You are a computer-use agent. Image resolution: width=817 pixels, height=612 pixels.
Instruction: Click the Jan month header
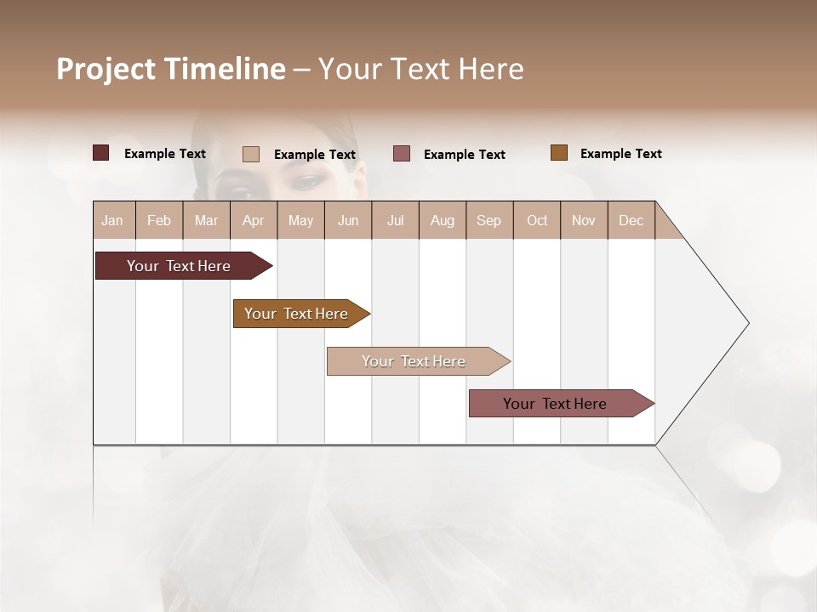click(x=112, y=220)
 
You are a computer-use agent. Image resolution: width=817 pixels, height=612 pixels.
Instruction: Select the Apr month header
click(x=254, y=220)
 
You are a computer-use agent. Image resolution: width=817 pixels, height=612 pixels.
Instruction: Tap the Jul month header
click(x=395, y=220)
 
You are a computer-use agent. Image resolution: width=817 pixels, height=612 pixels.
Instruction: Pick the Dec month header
click(x=631, y=220)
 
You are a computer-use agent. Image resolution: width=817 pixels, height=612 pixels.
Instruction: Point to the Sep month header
click(x=488, y=220)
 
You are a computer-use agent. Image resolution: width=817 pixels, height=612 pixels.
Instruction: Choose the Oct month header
click(x=537, y=220)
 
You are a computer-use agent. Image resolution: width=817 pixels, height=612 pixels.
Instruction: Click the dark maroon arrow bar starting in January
click(x=179, y=266)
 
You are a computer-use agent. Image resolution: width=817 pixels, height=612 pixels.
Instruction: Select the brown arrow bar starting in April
click(x=296, y=314)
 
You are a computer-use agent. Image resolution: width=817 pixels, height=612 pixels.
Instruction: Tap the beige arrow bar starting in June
click(x=414, y=361)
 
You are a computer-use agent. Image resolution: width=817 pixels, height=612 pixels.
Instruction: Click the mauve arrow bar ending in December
click(x=555, y=404)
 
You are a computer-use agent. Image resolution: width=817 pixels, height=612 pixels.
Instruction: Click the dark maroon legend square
click(x=101, y=153)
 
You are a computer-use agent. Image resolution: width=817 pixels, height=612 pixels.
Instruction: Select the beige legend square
click(x=251, y=154)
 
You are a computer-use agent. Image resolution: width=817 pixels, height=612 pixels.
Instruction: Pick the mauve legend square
click(x=402, y=154)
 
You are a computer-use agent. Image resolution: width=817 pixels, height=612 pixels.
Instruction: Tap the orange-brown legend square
click(x=559, y=153)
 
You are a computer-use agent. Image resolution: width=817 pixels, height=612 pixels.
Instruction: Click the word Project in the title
click(x=106, y=69)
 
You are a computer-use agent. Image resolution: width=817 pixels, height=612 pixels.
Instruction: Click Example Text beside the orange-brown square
click(x=620, y=154)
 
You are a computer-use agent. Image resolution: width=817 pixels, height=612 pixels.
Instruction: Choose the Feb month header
click(x=159, y=220)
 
